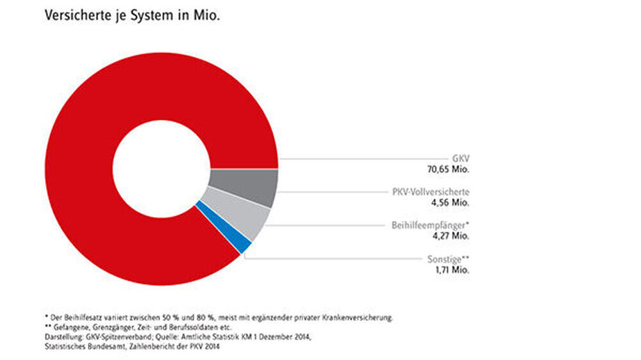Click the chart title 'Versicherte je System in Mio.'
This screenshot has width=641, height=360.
tap(132, 17)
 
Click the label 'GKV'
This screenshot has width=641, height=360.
tap(461, 158)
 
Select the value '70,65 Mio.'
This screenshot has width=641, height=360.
tap(449, 169)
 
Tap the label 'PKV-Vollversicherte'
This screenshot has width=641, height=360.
tap(431, 192)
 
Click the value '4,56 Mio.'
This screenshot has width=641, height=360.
tap(452, 202)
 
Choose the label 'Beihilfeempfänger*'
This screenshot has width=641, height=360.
tap(431, 225)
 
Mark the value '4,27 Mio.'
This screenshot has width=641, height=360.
tap(452, 236)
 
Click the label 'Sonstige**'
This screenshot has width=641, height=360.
tap(449, 259)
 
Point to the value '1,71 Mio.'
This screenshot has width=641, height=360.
tap(452, 270)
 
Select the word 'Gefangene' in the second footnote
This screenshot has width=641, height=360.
tap(68, 327)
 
